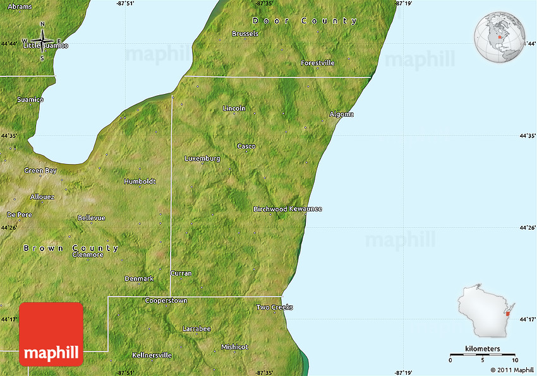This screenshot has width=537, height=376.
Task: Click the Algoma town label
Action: [341, 114]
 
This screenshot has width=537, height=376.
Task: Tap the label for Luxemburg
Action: [202, 158]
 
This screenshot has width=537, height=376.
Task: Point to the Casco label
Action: [246, 146]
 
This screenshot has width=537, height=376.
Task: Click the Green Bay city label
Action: [40, 170]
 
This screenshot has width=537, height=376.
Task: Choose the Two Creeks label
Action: [274, 307]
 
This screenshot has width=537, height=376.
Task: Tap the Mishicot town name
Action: [234, 347]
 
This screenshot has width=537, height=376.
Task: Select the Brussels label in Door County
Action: [245, 33]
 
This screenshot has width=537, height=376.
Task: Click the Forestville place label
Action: [318, 63]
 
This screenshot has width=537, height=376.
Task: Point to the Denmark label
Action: [139, 278]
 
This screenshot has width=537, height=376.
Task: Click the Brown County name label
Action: [71, 248]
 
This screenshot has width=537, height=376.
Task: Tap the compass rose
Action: [43, 42]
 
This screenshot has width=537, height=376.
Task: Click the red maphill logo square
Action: [51, 334]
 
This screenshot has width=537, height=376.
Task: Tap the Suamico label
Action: [30, 100]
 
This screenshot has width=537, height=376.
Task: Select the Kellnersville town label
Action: [152, 355]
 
